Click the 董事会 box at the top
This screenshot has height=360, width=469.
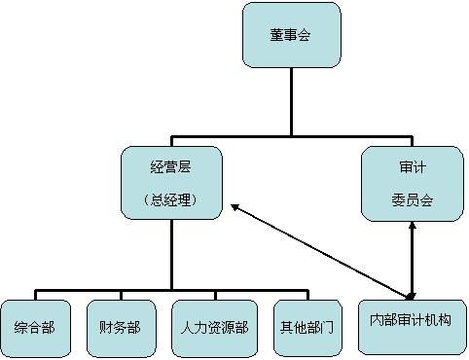pos(291,35)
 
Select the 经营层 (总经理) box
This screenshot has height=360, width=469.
pos(171,182)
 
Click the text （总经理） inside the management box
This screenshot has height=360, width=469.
pos(171,199)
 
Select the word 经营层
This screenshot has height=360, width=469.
pos(171,166)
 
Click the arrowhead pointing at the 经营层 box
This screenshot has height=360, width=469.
pos(235,207)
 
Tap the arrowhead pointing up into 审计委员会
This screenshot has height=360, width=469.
pos(413,225)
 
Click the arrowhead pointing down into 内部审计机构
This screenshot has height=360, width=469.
pos(412,293)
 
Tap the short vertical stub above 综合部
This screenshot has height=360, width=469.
pos(37,295)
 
